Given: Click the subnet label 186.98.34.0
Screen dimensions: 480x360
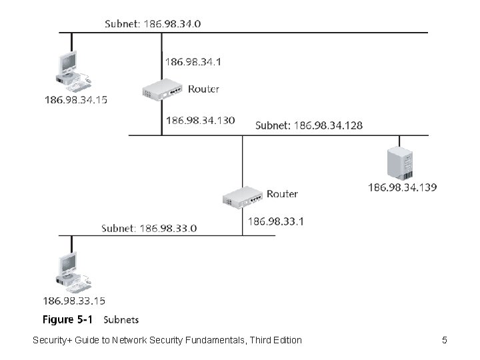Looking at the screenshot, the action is click(153, 24).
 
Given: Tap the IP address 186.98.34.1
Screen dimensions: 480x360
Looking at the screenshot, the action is click(193, 62).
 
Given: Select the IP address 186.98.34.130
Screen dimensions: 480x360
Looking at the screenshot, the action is click(201, 120).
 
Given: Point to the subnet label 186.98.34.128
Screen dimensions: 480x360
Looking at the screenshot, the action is click(309, 125).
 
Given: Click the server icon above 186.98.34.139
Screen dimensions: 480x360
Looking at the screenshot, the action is click(400, 163).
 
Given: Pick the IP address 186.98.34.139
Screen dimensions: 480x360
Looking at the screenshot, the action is click(402, 187).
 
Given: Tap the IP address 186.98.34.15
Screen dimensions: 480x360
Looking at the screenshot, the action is click(76, 100).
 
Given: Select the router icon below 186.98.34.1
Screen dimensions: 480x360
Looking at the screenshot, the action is click(162, 89).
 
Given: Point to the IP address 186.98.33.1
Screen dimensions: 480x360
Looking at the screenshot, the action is click(276, 221).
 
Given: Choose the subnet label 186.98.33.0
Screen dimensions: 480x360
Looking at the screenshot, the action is click(149, 229).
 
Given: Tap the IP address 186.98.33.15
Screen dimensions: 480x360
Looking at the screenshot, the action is click(74, 301).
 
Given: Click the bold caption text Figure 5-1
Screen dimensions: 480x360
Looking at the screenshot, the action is click(67, 319).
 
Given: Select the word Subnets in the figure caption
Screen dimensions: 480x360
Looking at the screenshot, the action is click(121, 320).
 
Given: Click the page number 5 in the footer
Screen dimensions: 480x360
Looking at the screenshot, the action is click(445, 340).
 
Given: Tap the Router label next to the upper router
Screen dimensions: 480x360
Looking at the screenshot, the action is click(203, 89).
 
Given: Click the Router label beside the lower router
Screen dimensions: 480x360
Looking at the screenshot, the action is click(282, 194).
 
